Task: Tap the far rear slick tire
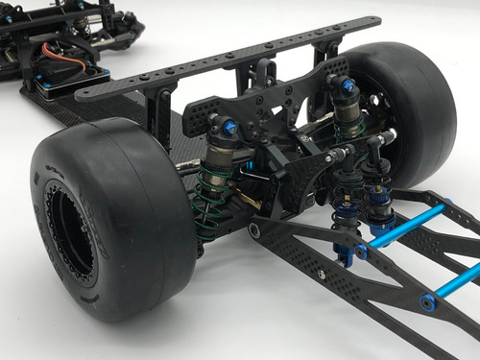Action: click(x=413, y=106)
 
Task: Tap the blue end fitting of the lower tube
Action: click(x=427, y=302)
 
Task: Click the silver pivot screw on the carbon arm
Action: click(x=253, y=231)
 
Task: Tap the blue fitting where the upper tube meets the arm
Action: click(x=361, y=252)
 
